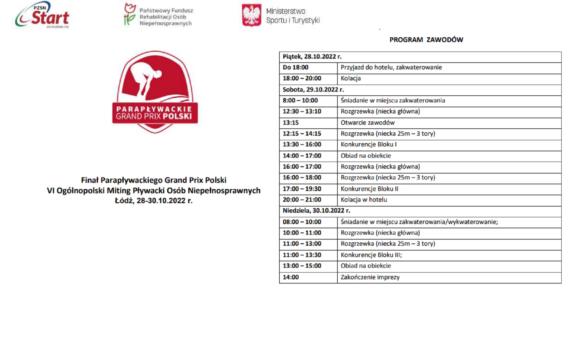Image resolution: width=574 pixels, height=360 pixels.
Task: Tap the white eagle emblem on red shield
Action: (x=251, y=15)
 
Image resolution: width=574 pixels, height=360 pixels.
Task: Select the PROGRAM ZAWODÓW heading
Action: (x=426, y=40)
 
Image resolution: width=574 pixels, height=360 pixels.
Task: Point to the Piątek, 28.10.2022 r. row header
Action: (x=312, y=57)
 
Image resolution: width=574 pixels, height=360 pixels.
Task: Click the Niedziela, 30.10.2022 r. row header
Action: (x=316, y=211)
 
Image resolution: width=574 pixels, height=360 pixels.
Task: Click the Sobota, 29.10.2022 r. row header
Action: (x=313, y=90)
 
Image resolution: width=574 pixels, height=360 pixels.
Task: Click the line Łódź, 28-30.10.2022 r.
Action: (x=153, y=201)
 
